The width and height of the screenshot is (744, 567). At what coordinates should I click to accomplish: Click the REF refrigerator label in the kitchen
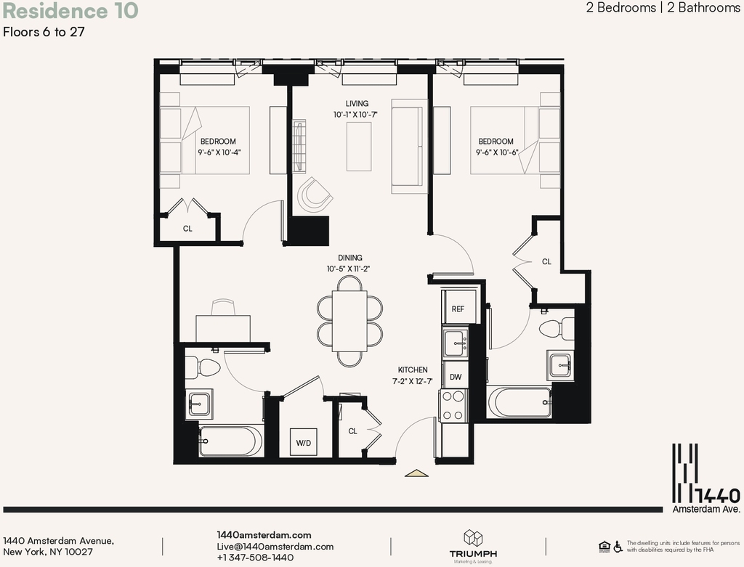(x=458, y=309)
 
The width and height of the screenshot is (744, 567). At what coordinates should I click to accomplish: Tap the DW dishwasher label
(x=456, y=377)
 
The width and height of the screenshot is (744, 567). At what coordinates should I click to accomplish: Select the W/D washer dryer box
(x=304, y=442)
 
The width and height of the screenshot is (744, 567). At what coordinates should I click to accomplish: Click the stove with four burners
(x=453, y=405)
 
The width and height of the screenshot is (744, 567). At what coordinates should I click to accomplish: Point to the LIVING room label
(x=357, y=103)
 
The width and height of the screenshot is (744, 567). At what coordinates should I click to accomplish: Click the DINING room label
(x=350, y=258)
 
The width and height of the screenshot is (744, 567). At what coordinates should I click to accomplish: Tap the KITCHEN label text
(x=413, y=370)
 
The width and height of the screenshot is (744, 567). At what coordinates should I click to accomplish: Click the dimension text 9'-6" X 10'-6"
(x=497, y=152)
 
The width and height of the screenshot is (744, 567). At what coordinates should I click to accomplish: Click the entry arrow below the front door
(x=416, y=473)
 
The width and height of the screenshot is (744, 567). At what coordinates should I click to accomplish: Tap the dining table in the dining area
(x=349, y=321)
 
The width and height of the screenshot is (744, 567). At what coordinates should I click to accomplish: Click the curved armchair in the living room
(x=314, y=195)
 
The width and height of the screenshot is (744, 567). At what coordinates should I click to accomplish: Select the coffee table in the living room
(x=359, y=147)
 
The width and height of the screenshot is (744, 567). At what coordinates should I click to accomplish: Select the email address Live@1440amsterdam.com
(x=275, y=547)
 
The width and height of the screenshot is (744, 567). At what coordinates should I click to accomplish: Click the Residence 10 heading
(x=70, y=11)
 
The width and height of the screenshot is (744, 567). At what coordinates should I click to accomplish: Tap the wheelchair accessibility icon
(x=618, y=547)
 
